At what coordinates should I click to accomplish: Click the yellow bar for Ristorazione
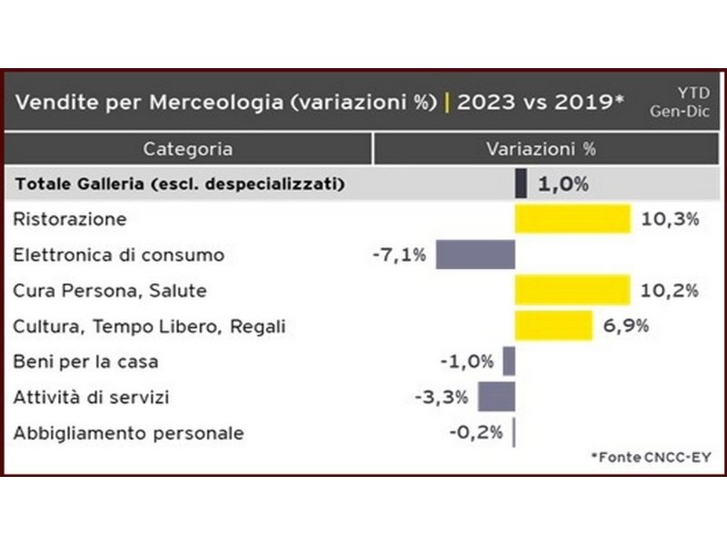click(x=573, y=219)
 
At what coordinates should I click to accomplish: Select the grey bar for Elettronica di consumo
click(x=475, y=254)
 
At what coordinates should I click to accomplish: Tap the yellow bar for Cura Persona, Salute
click(x=573, y=290)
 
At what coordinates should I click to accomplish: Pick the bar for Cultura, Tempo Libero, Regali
click(x=553, y=325)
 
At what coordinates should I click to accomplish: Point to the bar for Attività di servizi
click(x=496, y=397)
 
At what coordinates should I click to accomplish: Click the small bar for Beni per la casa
click(x=509, y=362)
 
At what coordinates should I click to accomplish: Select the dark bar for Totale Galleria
click(x=521, y=183)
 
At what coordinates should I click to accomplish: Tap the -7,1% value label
click(x=399, y=254)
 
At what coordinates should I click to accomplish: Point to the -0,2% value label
click(x=475, y=432)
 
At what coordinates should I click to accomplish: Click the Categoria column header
click(x=187, y=148)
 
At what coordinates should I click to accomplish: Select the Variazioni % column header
click(x=541, y=148)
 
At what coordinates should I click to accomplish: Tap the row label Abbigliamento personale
click(x=128, y=432)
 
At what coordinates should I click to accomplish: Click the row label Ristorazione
click(x=70, y=219)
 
